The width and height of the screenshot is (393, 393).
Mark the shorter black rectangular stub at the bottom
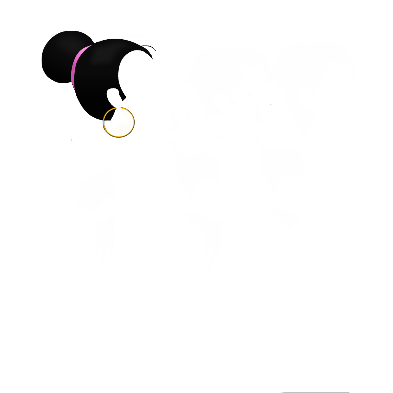point(102,251)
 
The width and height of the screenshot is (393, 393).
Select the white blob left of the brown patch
point(87,144)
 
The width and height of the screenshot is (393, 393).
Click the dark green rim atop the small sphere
point(65,32)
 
